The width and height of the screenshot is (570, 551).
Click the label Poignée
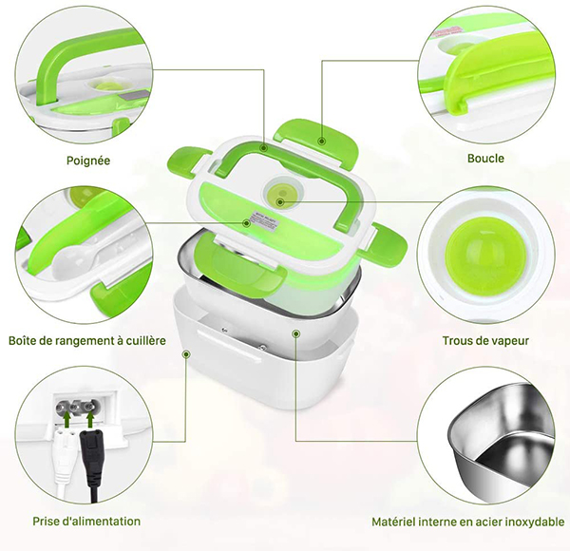coord(88,161)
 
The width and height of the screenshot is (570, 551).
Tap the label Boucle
coord(485,159)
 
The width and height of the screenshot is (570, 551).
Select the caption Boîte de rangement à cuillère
coord(87,340)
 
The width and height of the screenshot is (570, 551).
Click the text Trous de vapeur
coord(485,340)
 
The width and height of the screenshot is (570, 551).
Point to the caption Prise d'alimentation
coord(86,522)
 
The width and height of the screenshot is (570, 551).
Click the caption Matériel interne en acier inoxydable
coord(468,522)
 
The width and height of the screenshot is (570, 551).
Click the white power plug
coord(66,458)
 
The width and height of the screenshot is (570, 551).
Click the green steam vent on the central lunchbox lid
coord(280,193)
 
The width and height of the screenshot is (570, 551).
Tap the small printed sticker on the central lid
coord(263,219)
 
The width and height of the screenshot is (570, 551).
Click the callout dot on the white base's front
coord(186,353)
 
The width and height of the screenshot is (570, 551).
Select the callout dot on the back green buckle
coord(321,141)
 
